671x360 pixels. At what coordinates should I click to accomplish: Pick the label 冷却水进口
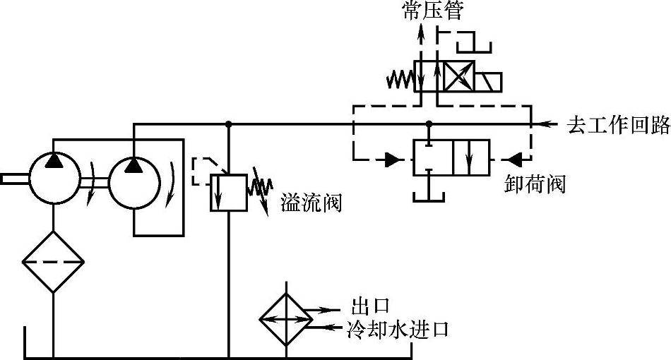[398, 330]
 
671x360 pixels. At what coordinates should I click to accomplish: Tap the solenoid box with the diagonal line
[487, 82]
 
